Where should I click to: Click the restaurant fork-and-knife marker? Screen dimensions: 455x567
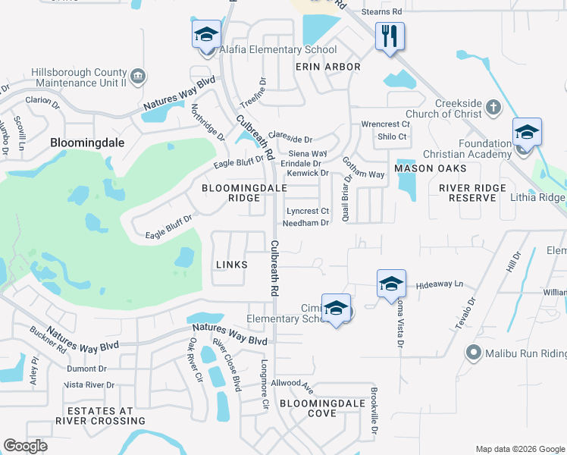coord(390,36)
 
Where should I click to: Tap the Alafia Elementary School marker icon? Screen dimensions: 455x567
coord(205,35)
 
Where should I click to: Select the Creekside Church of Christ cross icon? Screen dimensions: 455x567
coord(493,106)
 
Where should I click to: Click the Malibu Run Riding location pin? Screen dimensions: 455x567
coord(474,353)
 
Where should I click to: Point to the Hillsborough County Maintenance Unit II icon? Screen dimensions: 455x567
coord(138,76)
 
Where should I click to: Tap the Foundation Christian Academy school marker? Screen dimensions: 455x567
coord(527,133)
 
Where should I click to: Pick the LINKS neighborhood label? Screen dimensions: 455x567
coord(231,264)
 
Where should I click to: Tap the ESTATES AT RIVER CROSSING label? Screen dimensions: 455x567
coord(100,416)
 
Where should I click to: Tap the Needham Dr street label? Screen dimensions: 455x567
coord(305,223)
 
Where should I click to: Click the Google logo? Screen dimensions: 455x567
coord(25,446)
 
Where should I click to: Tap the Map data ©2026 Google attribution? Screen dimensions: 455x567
coord(519,448)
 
